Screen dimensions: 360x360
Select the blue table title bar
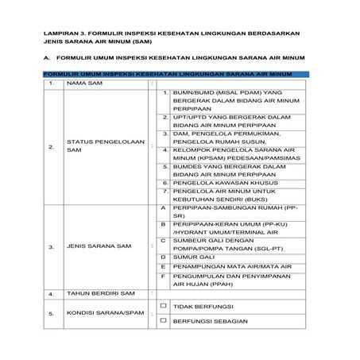coord(166,73)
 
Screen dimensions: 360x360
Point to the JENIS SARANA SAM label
coord(95,246)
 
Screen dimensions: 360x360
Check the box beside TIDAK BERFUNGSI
coord(162,305)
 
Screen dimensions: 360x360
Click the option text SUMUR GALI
coord(190,257)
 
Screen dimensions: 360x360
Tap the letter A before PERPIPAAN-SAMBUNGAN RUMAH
coord(162,206)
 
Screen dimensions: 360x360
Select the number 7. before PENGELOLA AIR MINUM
coord(165,191)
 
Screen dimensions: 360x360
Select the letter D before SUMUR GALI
coord(162,257)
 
